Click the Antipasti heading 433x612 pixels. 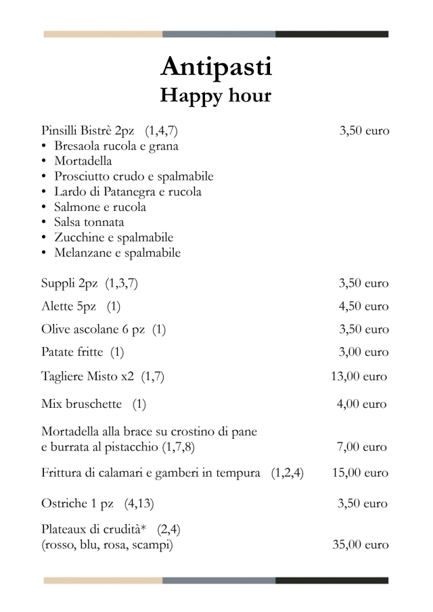tap(216, 67)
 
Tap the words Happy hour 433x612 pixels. tap(215, 96)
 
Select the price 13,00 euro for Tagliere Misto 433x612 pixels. tap(359, 377)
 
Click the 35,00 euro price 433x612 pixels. tap(360, 545)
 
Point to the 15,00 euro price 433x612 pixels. tap(360, 473)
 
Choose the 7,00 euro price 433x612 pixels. tap(363, 447)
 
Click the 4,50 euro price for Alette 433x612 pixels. tap(363, 306)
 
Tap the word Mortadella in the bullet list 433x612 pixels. tap(83, 161)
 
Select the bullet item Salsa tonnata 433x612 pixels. tap(89, 222)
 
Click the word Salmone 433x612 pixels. tap(75, 207)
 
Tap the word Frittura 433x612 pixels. tap(63, 473)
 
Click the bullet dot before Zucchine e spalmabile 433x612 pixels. tap(44, 238)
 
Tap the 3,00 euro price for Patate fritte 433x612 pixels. tap(363, 352)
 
